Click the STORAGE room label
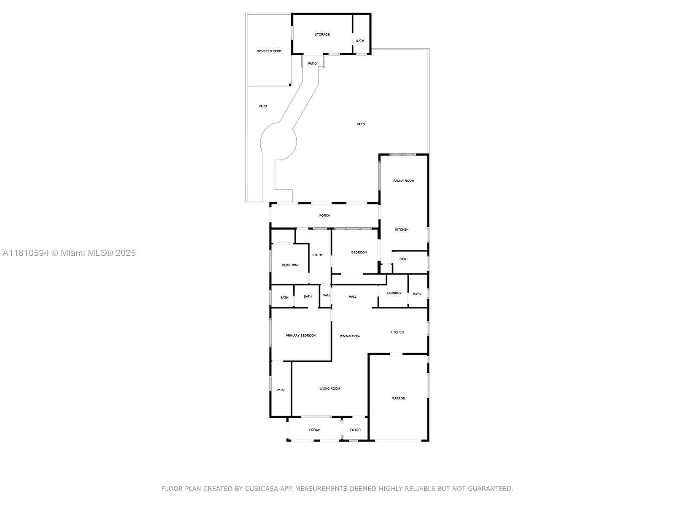(x=322, y=35)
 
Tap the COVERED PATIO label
(x=269, y=51)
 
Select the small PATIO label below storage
(x=312, y=64)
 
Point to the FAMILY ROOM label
(x=403, y=180)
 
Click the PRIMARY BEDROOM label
(x=301, y=336)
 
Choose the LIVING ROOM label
(x=329, y=388)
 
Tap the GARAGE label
(x=398, y=398)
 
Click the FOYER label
(x=355, y=430)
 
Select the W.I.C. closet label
(x=281, y=390)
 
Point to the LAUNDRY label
(x=394, y=293)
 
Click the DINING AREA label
(x=350, y=336)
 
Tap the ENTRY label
(x=318, y=255)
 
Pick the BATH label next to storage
(x=360, y=41)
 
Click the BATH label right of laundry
(x=417, y=294)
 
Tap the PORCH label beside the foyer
(x=315, y=430)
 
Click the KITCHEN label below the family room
(x=402, y=229)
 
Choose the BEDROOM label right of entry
(x=359, y=253)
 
